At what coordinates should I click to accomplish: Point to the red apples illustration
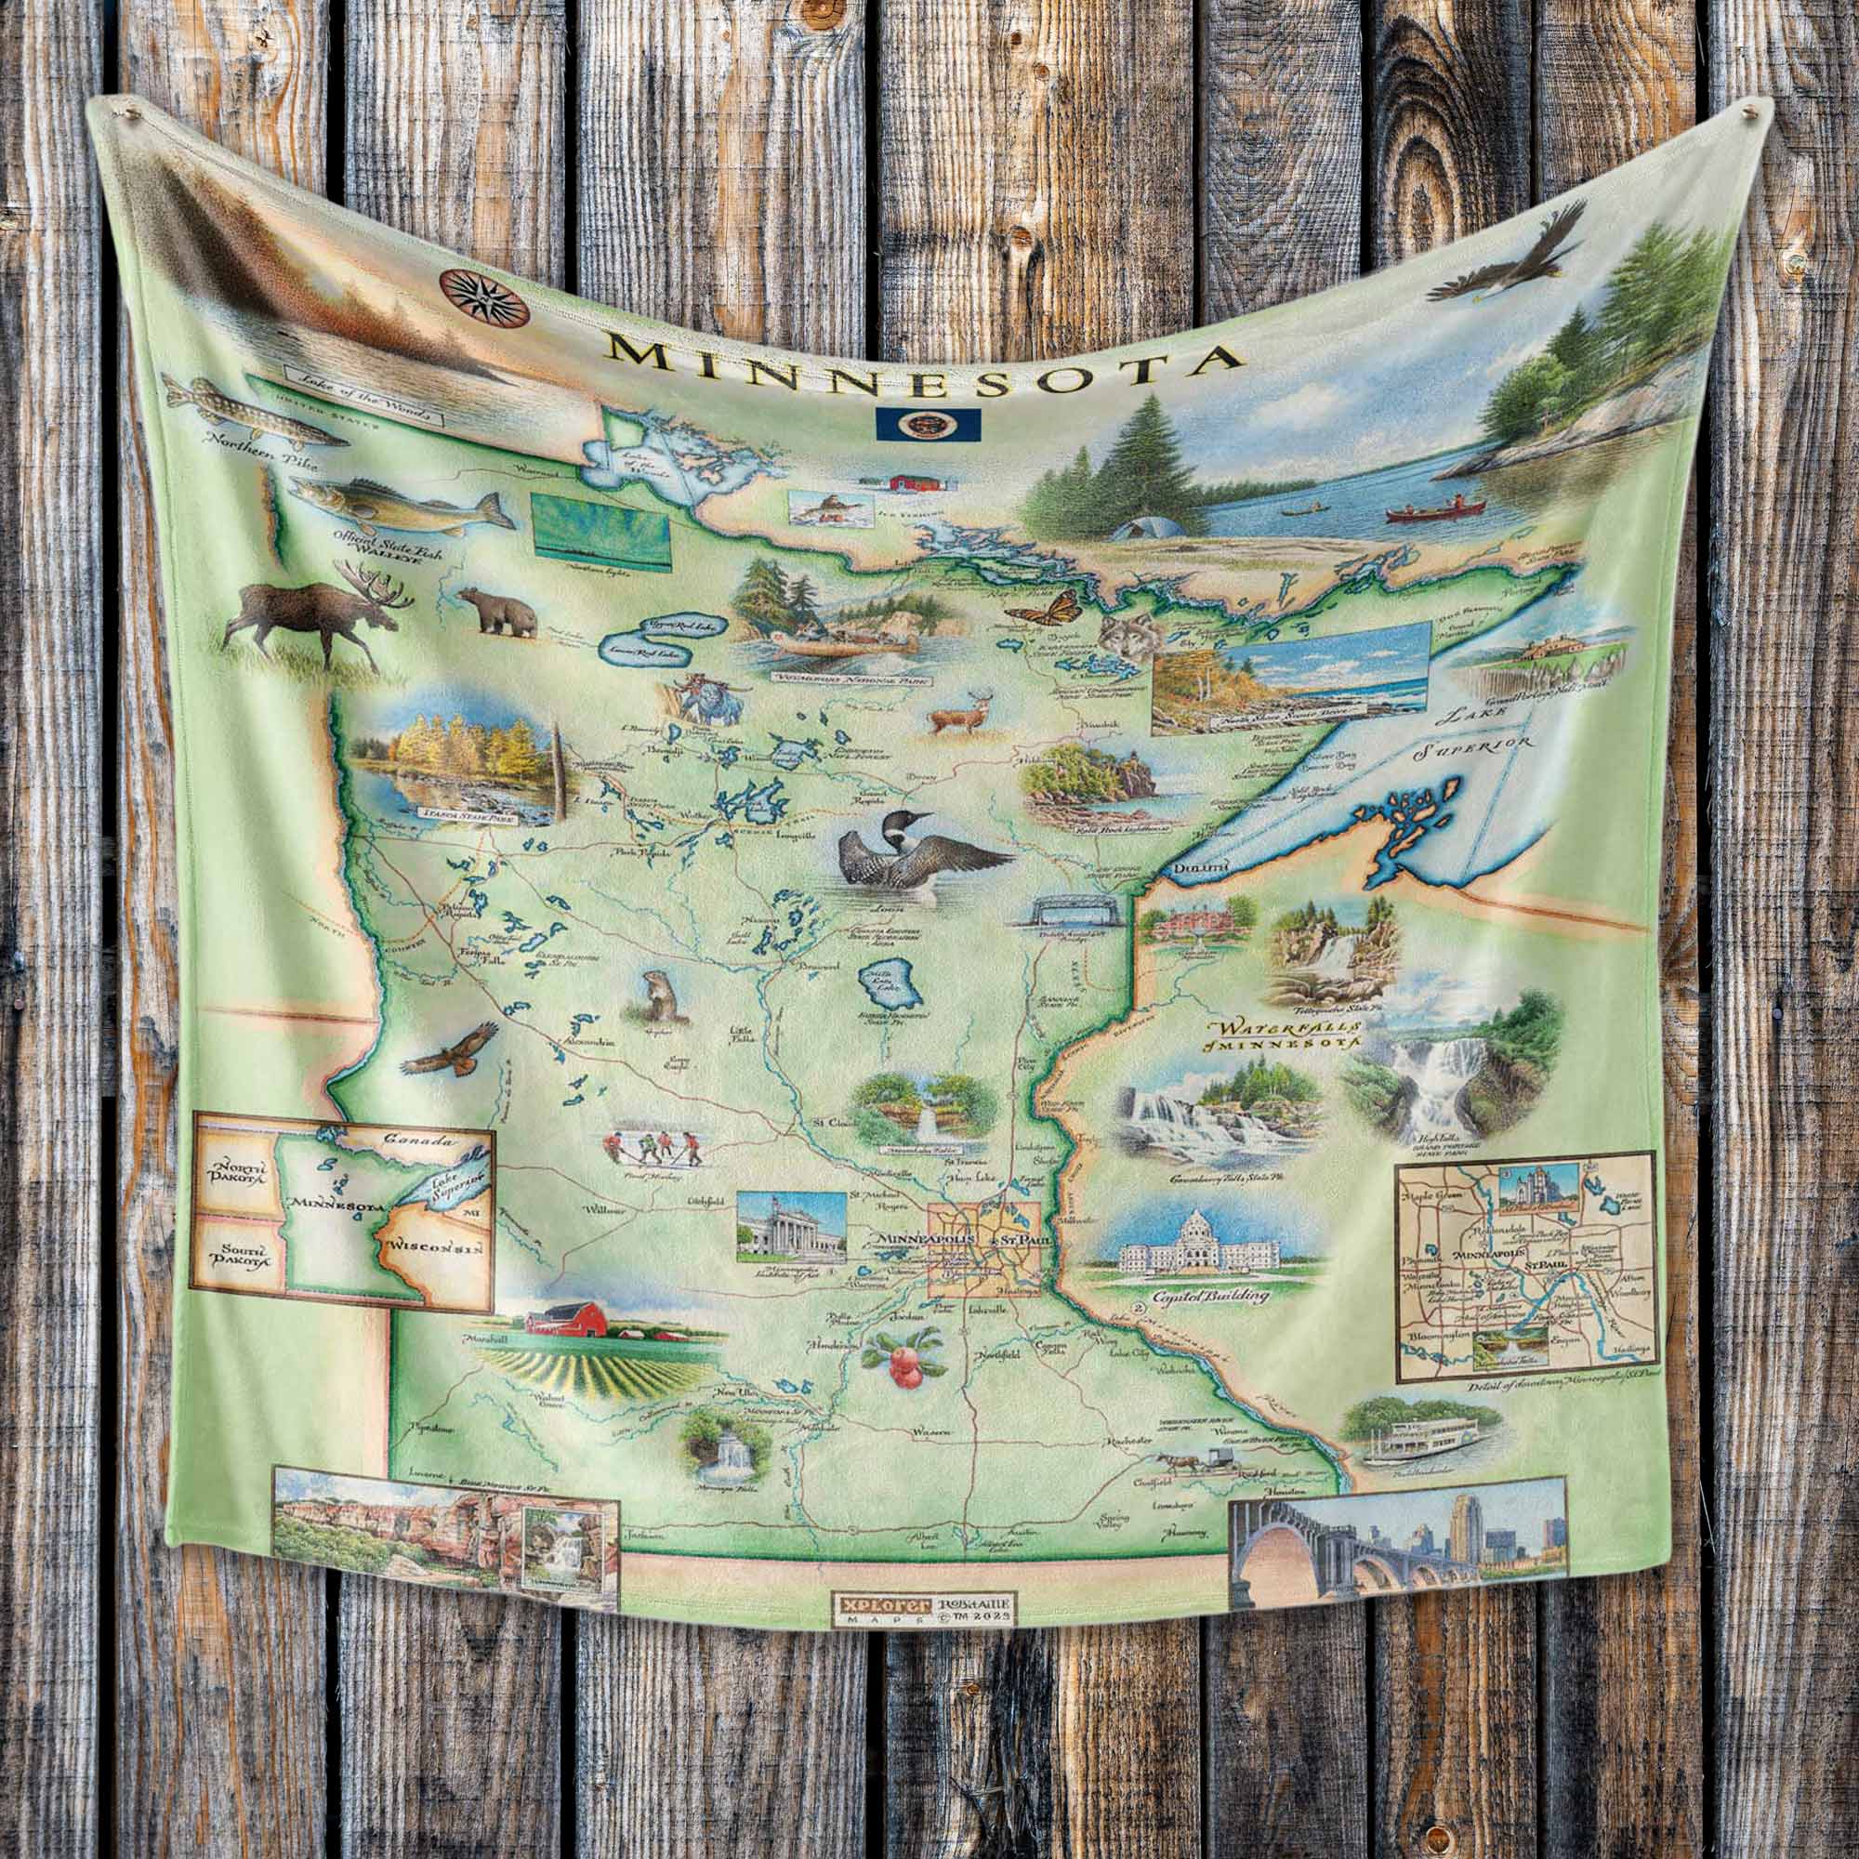(x=904, y=1357)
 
